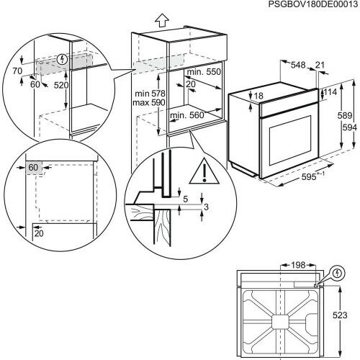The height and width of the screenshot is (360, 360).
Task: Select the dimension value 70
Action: pyautogui.click(x=18, y=72)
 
